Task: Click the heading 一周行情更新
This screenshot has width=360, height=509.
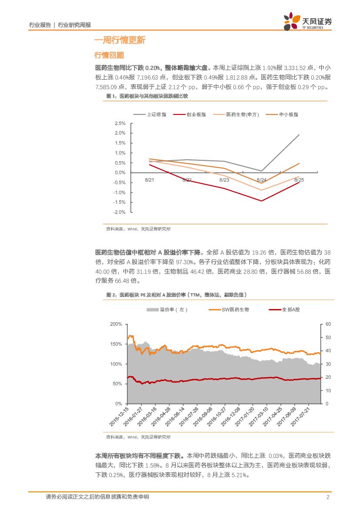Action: (x=120, y=40)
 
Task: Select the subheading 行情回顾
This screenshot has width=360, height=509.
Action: (x=109, y=55)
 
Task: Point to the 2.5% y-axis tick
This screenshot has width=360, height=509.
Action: (x=120, y=123)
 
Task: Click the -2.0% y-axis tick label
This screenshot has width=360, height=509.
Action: (x=119, y=212)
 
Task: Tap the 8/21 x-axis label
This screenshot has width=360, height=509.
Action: (x=149, y=179)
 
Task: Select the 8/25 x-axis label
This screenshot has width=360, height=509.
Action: (x=299, y=179)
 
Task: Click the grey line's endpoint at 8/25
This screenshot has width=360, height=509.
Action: (x=299, y=135)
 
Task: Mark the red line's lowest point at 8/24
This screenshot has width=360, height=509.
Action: (x=262, y=201)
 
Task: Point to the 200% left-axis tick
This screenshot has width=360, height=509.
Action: (x=116, y=324)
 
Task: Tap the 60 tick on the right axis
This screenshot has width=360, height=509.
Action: (x=328, y=324)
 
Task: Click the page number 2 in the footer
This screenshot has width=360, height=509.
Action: (x=327, y=497)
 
